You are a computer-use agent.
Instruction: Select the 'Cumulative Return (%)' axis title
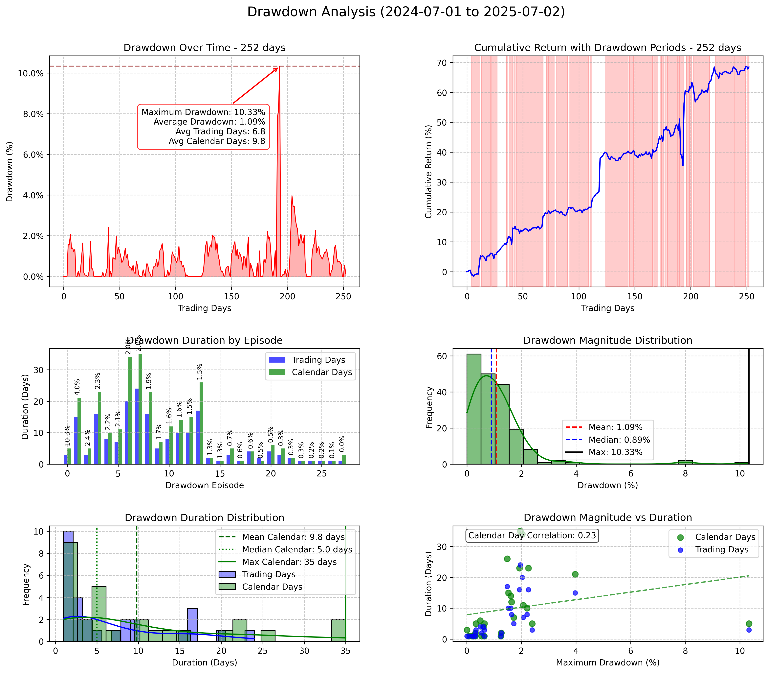pos(428,172)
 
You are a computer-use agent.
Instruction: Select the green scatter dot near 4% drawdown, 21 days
pos(575,574)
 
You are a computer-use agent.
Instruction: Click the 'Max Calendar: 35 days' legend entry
pos(289,562)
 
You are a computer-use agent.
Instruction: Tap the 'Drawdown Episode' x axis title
pos(205,485)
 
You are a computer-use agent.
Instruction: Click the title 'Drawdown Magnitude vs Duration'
pos(608,517)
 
